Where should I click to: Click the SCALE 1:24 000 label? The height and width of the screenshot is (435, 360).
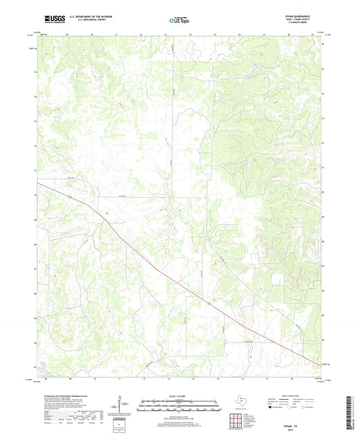180,396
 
